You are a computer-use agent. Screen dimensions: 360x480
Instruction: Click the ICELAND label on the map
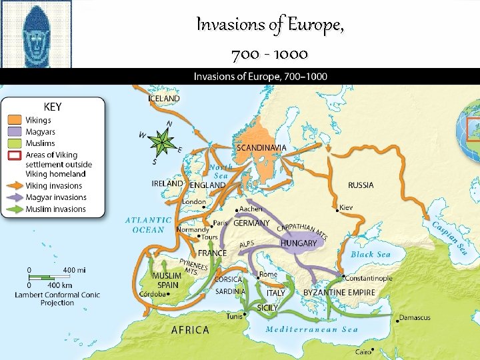pyautogui.click(x=164, y=99)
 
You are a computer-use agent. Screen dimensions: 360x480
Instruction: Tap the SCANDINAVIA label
pyautogui.click(x=261, y=147)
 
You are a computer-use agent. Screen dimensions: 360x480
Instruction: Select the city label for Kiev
pyautogui.click(x=346, y=207)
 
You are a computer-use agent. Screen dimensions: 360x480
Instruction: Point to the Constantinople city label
pyautogui.click(x=368, y=278)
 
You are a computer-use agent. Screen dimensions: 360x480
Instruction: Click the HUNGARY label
pyautogui.click(x=298, y=243)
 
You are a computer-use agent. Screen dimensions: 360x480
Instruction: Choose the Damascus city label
pyautogui.click(x=415, y=317)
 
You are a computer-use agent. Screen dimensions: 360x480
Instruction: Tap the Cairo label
pyautogui.click(x=363, y=351)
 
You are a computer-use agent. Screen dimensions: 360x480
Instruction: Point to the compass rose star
pyautogui.click(x=162, y=141)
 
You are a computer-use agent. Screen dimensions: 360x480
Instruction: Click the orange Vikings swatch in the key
pyautogui.click(x=15, y=121)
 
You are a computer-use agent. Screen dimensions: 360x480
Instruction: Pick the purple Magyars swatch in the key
pyautogui.click(x=15, y=132)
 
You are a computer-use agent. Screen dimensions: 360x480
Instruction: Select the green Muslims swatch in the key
pyautogui.click(x=15, y=143)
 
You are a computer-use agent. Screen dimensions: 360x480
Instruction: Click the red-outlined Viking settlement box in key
pyautogui.click(x=15, y=155)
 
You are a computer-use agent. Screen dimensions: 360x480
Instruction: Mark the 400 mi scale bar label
pyautogui.click(x=74, y=269)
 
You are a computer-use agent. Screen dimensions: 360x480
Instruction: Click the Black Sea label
pyautogui.click(x=371, y=255)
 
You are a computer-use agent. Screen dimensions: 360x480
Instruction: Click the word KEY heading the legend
pyautogui.click(x=53, y=106)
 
